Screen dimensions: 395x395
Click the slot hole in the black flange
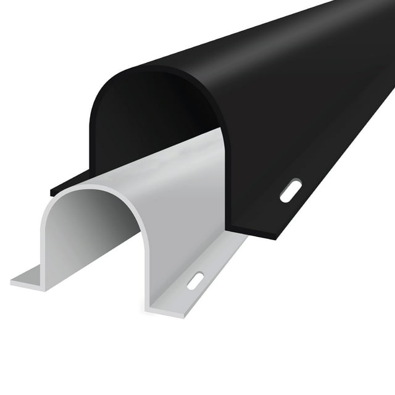pos(290,190)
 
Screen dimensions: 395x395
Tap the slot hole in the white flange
pos(195,280)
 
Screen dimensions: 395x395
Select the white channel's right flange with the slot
pos(204,272)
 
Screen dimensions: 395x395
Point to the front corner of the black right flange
pos(272,238)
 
